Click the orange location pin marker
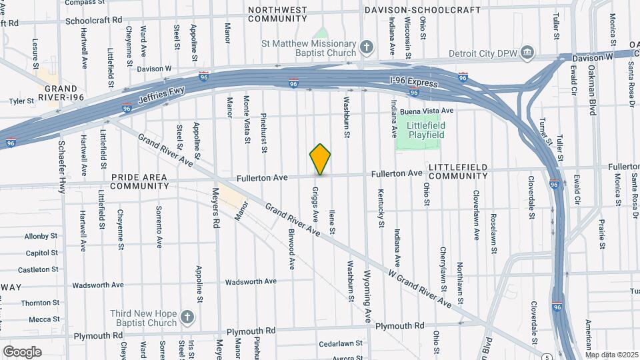tap(320, 159)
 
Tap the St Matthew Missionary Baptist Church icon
tap(366, 47)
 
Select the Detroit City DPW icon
tap(527, 51)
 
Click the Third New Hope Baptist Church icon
tap(187, 317)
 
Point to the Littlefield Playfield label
tap(421, 130)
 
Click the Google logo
tap(21, 351)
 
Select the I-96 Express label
tap(413, 83)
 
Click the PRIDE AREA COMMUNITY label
tap(139, 181)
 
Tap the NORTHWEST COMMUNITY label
tap(277, 14)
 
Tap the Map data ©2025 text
tap(611, 355)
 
